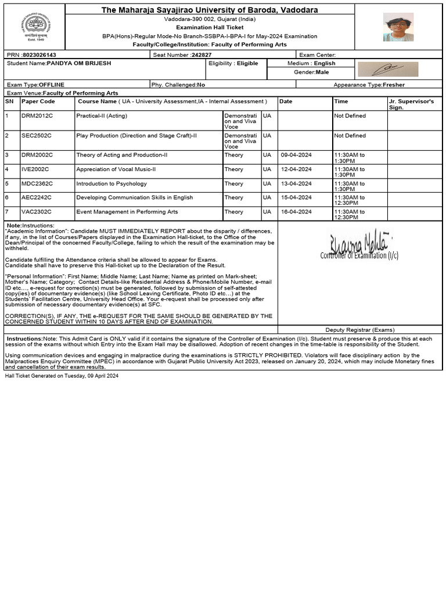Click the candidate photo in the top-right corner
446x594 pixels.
pos(398,27)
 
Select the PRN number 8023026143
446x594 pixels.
pos(39,55)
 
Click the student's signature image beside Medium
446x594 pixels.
pos(387,69)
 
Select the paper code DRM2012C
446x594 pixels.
pos(37,116)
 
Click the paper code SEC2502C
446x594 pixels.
pos(37,136)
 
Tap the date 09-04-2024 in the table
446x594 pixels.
pos(296,155)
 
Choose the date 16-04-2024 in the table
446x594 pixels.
pos(296,212)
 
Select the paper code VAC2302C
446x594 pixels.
pos(37,212)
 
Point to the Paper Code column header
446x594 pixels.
pos(38,102)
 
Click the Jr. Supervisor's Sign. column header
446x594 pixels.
pos(411,104)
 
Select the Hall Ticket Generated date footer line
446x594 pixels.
pos(62,376)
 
